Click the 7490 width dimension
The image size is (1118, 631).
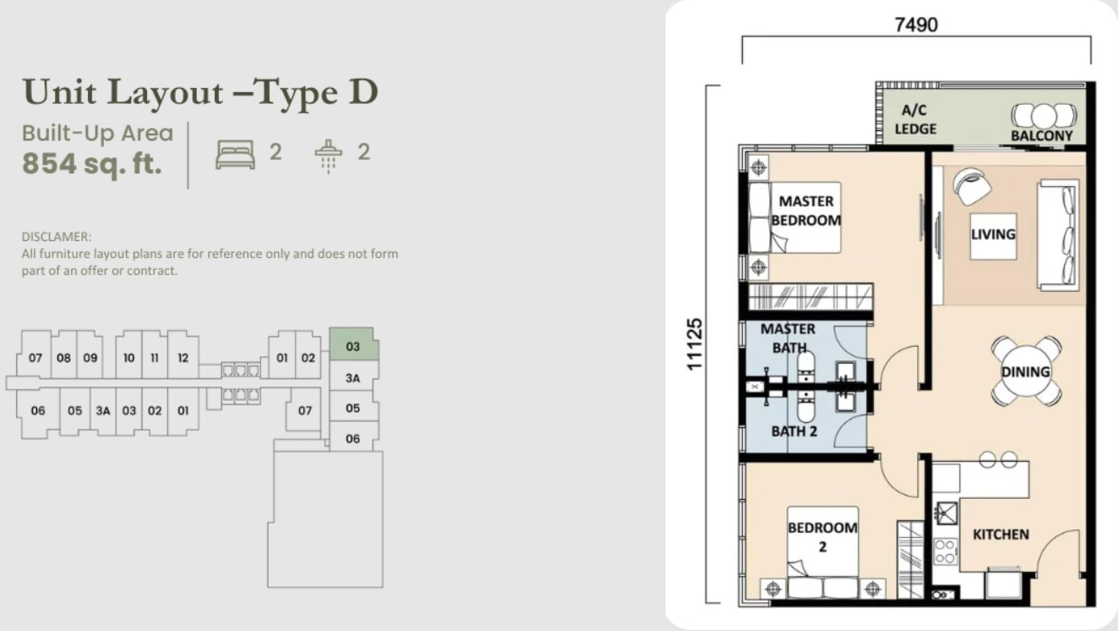(916, 25)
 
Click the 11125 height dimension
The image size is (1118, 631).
(695, 344)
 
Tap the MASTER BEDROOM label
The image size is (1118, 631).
(806, 211)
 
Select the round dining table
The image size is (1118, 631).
(1026, 370)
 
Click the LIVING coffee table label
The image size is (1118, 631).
(993, 233)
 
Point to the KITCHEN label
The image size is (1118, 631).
(1001, 535)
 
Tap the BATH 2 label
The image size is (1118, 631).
(794, 431)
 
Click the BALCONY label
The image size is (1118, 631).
(1042, 135)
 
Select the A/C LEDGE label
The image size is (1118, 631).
(915, 119)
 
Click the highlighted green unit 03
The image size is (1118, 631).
(353, 344)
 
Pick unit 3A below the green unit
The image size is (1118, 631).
(352, 378)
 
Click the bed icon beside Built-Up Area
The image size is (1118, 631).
(235, 155)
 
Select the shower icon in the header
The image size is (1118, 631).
(328, 156)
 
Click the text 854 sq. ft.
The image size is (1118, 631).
(92, 163)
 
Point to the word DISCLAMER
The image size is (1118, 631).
(57, 236)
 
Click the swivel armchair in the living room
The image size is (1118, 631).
(971, 186)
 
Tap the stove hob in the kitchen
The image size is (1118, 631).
(946, 551)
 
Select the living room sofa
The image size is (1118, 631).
(1058, 235)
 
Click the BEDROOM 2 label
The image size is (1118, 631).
(822, 537)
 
